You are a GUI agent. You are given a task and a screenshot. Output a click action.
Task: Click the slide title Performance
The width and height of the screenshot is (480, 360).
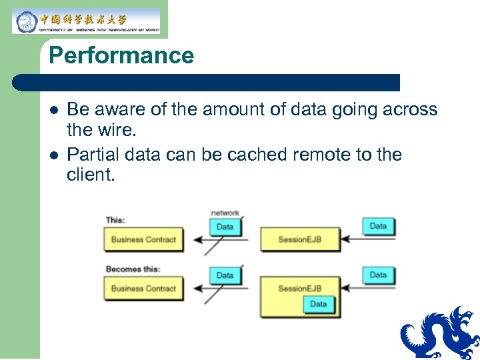point(121,55)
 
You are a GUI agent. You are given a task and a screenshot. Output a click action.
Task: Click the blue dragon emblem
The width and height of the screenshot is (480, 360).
point(440,333)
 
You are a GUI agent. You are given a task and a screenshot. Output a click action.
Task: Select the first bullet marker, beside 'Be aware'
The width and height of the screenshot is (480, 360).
point(53,110)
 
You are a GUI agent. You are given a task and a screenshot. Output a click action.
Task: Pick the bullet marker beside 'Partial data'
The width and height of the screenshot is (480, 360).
point(53,155)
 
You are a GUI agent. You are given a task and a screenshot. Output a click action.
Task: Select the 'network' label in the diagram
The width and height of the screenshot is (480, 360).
point(225,213)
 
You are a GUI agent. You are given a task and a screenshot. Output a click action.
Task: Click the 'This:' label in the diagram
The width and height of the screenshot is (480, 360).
point(115,220)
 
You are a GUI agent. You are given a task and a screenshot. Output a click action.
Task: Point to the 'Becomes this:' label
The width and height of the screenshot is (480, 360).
point(133,269)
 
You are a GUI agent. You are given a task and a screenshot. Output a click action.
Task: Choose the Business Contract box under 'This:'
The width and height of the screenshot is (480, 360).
point(143,239)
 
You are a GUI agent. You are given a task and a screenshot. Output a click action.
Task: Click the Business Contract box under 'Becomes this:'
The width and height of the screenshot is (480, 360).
point(143,289)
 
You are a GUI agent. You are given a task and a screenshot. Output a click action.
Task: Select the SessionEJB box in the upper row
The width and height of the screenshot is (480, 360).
point(299,239)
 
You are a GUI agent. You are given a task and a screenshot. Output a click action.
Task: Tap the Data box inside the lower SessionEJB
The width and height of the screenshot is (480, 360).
point(318,304)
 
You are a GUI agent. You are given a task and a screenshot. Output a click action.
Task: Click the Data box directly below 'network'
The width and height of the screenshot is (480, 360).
point(225,227)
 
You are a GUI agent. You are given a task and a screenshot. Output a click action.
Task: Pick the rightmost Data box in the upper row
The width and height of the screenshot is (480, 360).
point(378,226)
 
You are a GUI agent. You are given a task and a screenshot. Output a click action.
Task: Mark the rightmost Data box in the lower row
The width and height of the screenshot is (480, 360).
point(378,275)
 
